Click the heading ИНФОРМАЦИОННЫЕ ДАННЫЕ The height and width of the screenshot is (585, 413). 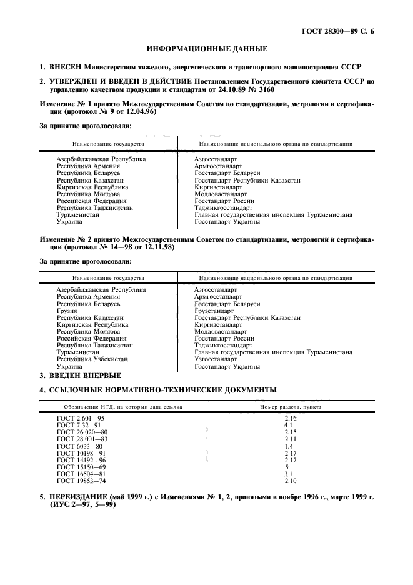pyautogui.click(x=207, y=48)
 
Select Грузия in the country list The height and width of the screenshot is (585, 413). pyautogui.click(x=67, y=311)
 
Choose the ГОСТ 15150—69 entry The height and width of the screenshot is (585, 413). pyautogui.click(x=81, y=466)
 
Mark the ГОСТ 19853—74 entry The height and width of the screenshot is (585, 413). pyautogui.click(x=81, y=481)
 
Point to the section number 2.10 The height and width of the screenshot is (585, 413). pyautogui.click(x=290, y=481)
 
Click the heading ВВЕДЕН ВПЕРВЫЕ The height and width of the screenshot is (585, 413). pyautogui.click(x=86, y=376)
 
